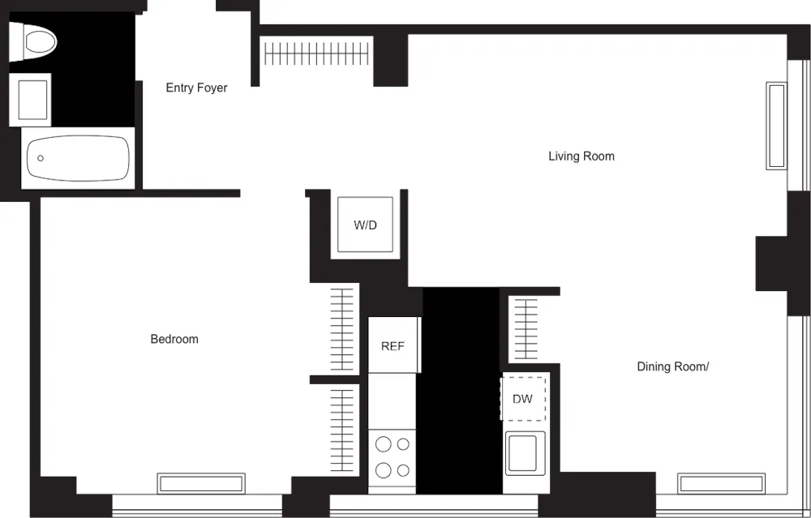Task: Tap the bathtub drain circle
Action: click(41, 159)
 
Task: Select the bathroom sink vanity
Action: click(31, 99)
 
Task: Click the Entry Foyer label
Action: click(196, 88)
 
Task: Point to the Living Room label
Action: click(581, 156)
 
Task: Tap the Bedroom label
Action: click(174, 339)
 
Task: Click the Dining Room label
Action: click(672, 366)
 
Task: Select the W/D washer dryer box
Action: click(365, 225)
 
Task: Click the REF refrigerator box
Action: click(393, 345)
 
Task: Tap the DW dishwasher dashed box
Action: click(522, 398)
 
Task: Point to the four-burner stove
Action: click(393, 458)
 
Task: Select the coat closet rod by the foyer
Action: click(316, 54)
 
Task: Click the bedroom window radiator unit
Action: click(200, 483)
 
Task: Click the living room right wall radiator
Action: click(776, 126)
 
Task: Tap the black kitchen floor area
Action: click(459, 389)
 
